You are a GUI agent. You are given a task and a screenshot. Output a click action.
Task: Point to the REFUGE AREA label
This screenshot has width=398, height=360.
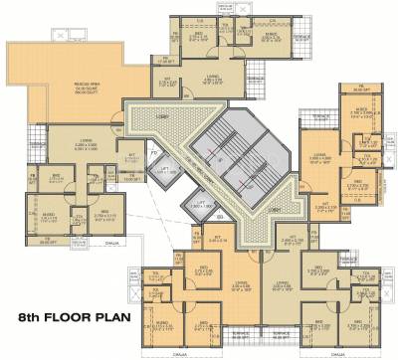(x=65, y=86)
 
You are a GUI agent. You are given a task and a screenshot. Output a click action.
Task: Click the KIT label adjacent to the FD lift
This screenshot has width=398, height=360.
(x=131, y=155)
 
